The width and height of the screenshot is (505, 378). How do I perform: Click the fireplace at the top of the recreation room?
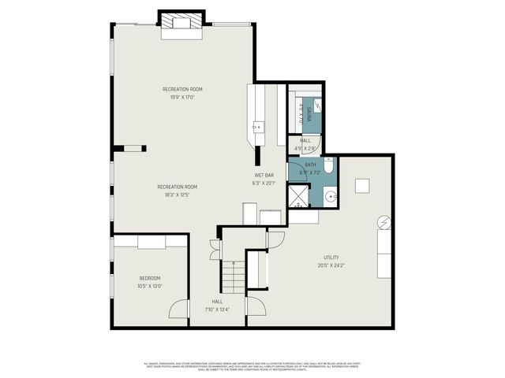182,24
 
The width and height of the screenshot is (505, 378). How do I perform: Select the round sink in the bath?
329,197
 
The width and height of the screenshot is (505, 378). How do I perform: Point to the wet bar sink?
257,125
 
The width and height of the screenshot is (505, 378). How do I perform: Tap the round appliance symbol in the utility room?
383,223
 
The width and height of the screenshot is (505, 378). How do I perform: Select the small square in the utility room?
362,186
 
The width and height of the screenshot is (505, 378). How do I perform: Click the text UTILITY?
331,258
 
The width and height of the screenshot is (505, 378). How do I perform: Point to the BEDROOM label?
150,278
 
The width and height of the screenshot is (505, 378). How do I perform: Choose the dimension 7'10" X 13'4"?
217,309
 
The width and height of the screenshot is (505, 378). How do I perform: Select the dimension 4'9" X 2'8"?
305,148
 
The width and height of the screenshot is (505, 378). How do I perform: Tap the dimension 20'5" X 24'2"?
331,265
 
